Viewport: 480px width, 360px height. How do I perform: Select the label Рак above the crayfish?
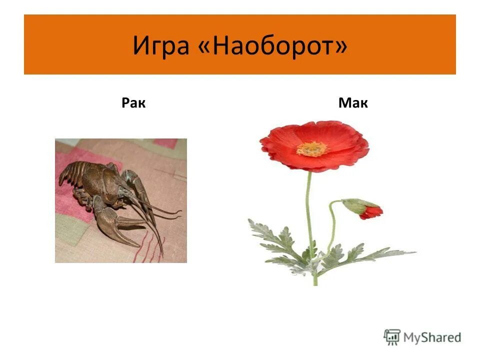click(133, 103)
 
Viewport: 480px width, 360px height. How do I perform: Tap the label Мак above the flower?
click(353, 103)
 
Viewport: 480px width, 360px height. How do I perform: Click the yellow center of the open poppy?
click(311, 148)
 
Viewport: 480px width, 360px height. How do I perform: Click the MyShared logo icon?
click(392, 337)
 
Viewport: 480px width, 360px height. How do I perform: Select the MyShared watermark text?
click(432, 337)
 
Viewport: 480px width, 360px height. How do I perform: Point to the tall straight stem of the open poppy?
click(309, 210)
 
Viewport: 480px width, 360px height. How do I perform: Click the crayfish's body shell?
click(102, 180)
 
